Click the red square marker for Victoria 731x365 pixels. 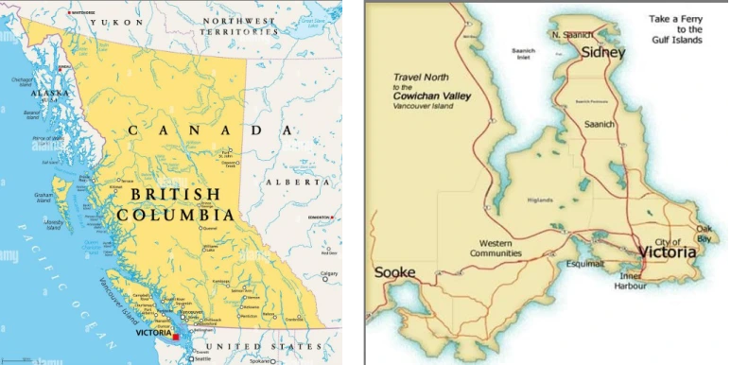point(175,336)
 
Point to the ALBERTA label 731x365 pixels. point(287,182)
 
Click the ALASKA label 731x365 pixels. point(49,94)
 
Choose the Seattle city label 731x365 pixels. point(201,358)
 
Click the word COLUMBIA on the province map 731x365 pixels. point(176,216)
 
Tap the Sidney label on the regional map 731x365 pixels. point(602,52)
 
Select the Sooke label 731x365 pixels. point(394,272)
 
